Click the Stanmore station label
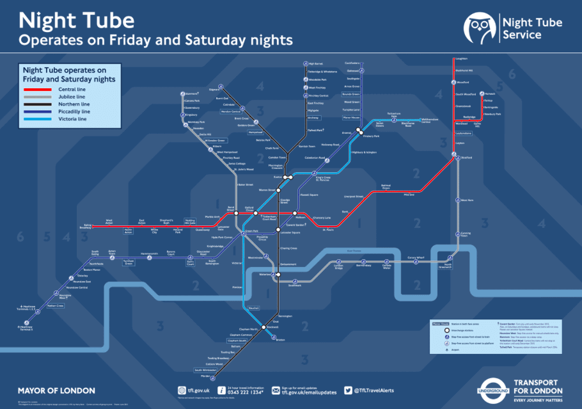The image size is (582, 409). point(189,93)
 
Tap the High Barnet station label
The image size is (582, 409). point(317,64)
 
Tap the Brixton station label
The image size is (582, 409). point(279,339)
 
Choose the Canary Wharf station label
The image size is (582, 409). point(416,257)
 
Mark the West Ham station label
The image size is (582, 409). point(468,200)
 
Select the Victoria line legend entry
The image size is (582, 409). point(73,119)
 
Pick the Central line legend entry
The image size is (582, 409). point(72,89)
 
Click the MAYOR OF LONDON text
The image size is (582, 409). point(56,390)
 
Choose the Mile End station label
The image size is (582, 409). point(408,194)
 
